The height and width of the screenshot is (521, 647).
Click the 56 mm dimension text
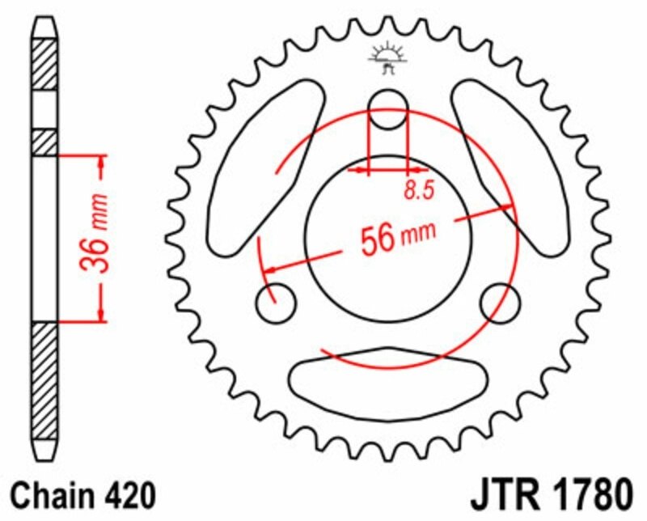pos(397,237)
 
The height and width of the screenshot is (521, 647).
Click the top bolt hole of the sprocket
pos(387,108)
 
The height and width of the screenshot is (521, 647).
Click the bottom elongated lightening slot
pos(387,378)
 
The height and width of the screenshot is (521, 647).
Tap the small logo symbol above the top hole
pos(387,57)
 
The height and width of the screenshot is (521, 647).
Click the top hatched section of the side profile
pos(44,63)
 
